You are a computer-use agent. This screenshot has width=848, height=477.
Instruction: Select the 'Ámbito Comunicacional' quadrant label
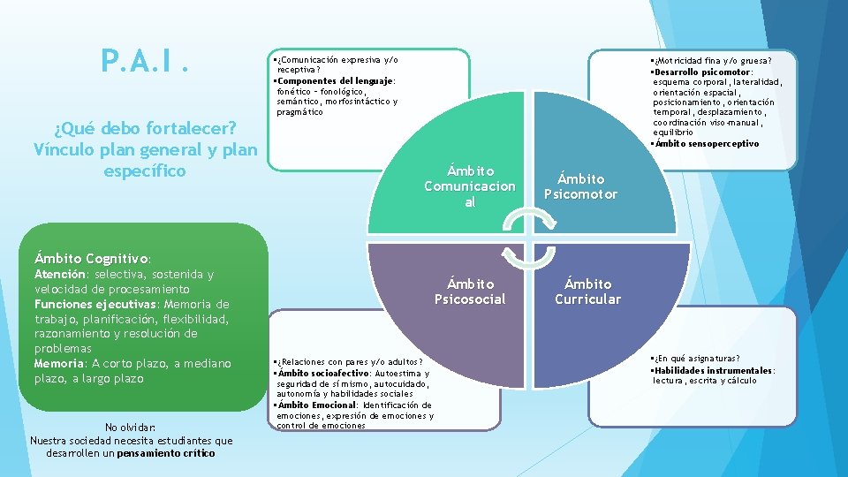pos(470,186)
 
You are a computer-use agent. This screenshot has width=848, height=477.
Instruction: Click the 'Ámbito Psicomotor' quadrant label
pos(580,186)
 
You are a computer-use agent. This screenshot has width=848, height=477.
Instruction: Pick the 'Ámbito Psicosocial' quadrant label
pos(470,291)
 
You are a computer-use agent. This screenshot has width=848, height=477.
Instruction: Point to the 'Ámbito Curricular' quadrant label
pos(587,291)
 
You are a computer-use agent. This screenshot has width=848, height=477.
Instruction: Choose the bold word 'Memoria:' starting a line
pos(58,363)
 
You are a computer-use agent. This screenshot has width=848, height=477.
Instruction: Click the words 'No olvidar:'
pos(131,427)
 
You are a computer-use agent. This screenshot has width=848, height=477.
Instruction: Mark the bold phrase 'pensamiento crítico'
pos(166,453)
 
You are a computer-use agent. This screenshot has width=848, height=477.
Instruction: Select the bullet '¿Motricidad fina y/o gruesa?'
pos(712,61)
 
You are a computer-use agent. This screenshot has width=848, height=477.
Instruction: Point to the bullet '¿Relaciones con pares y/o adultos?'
pos(350,362)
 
